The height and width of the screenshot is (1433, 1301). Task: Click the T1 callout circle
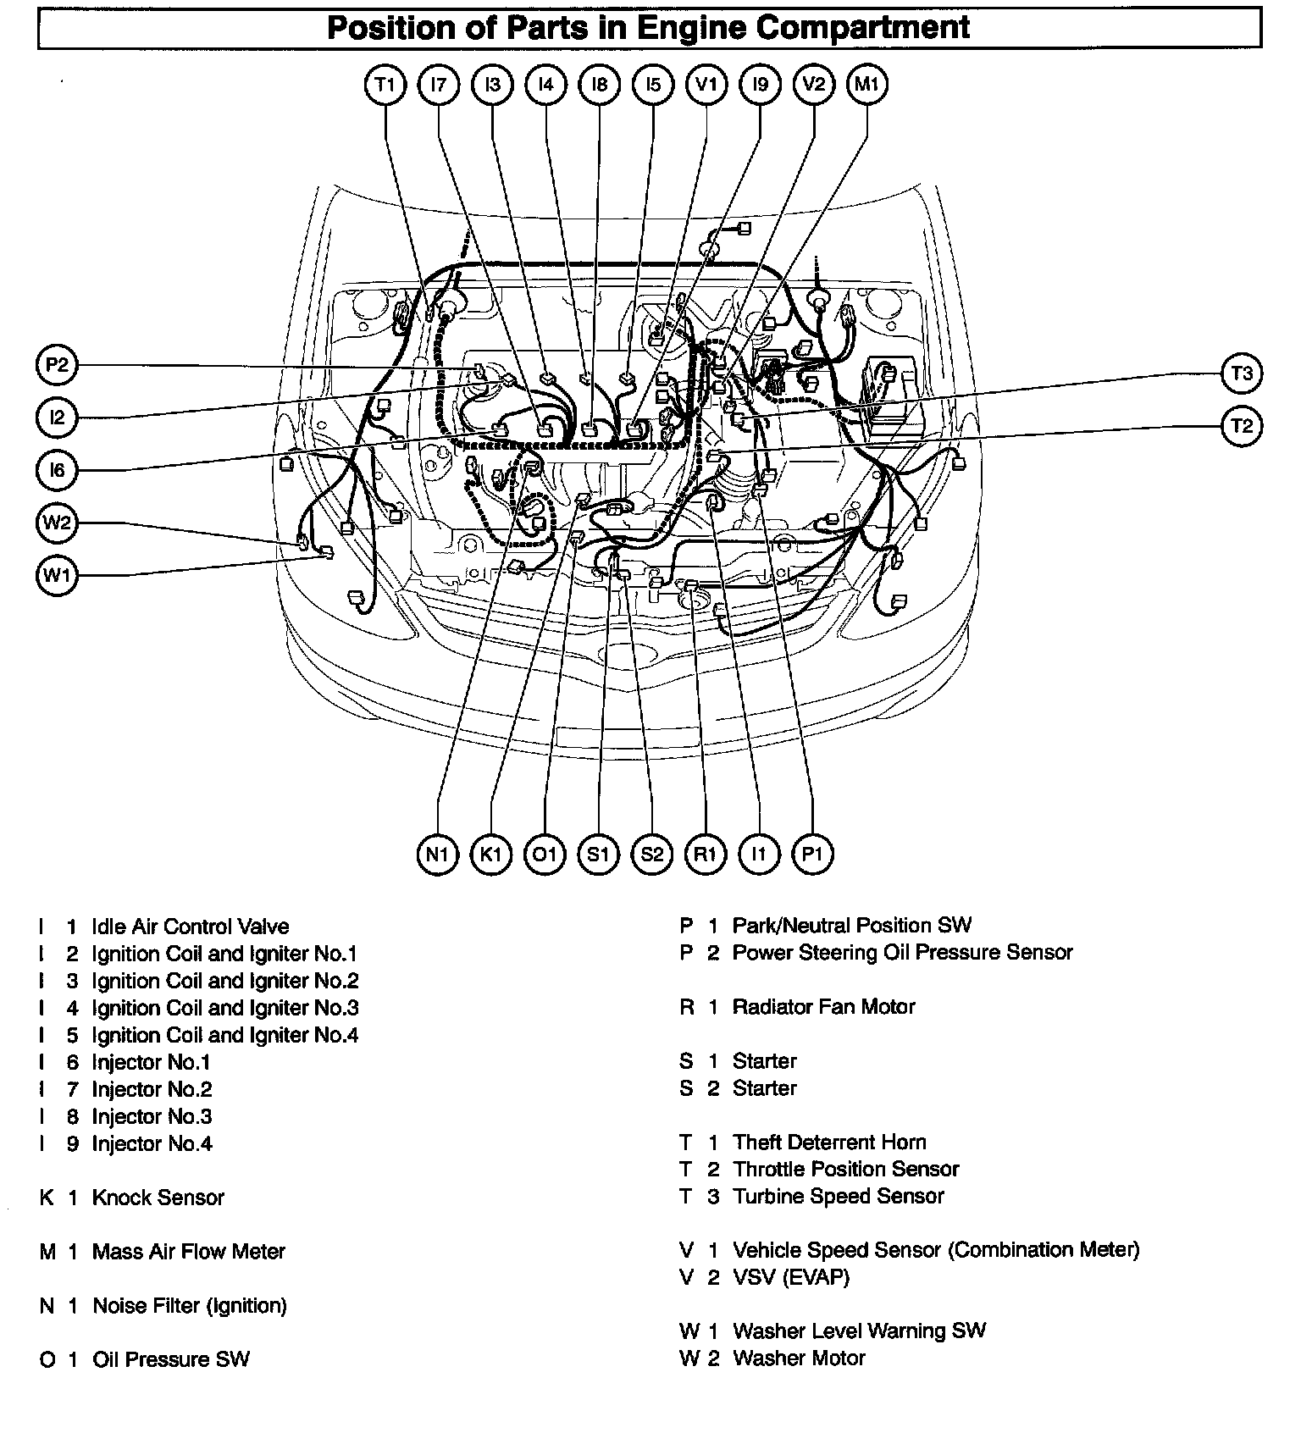click(385, 85)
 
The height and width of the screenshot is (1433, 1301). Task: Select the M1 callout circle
click(867, 85)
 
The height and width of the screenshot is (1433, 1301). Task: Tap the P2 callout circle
click(57, 366)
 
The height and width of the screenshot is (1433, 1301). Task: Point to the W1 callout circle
click(57, 577)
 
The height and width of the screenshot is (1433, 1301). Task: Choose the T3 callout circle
click(1242, 373)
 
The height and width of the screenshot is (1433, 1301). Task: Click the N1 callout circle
click(437, 855)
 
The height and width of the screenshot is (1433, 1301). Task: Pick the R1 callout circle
click(706, 855)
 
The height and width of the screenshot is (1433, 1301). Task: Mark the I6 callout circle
click(57, 469)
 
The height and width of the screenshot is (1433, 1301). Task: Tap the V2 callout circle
click(813, 85)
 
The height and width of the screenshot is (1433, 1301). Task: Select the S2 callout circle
click(652, 855)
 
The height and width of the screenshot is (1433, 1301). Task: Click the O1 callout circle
click(545, 855)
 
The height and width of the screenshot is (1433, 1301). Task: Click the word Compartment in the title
click(862, 28)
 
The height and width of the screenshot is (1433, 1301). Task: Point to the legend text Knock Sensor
click(158, 1198)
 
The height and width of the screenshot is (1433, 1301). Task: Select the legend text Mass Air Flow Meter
click(189, 1252)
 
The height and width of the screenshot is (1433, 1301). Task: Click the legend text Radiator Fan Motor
click(823, 1007)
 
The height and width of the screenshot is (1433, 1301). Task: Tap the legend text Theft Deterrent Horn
click(829, 1143)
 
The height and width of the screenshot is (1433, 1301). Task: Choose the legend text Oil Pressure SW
click(171, 1360)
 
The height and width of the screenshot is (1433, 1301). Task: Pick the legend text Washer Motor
click(799, 1358)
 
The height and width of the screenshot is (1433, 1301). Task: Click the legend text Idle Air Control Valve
click(191, 927)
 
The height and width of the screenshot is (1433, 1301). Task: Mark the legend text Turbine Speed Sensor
click(838, 1197)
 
